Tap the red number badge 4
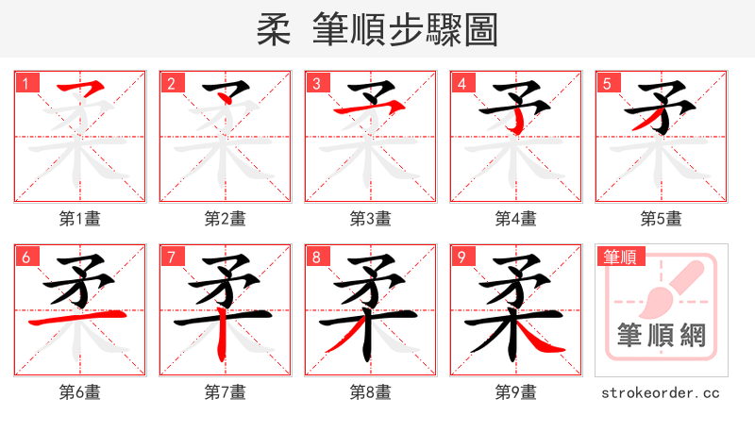(x=462, y=83)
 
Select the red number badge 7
(x=172, y=257)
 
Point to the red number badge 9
(x=462, y=257)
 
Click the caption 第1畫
(x=80, y=219)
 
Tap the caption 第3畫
(x=371, y=219)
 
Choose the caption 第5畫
(x=662, y=219)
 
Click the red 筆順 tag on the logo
(x=620, y=257)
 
